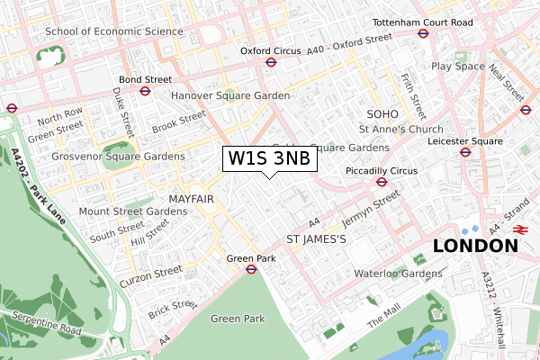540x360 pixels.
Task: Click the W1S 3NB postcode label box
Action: (269, 159)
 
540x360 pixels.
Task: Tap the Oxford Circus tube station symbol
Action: (270, 62)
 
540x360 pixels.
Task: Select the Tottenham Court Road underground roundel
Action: (422, 33)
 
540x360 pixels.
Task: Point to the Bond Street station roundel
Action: (145, 91)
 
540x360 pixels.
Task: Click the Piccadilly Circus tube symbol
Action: (381, 181)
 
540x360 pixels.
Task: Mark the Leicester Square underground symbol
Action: (466, 152)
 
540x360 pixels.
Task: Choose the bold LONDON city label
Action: (474, 246)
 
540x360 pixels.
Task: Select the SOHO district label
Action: (382, 113)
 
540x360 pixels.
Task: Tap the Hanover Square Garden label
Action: (230, 95)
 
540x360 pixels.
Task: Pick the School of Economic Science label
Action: (114, 31)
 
